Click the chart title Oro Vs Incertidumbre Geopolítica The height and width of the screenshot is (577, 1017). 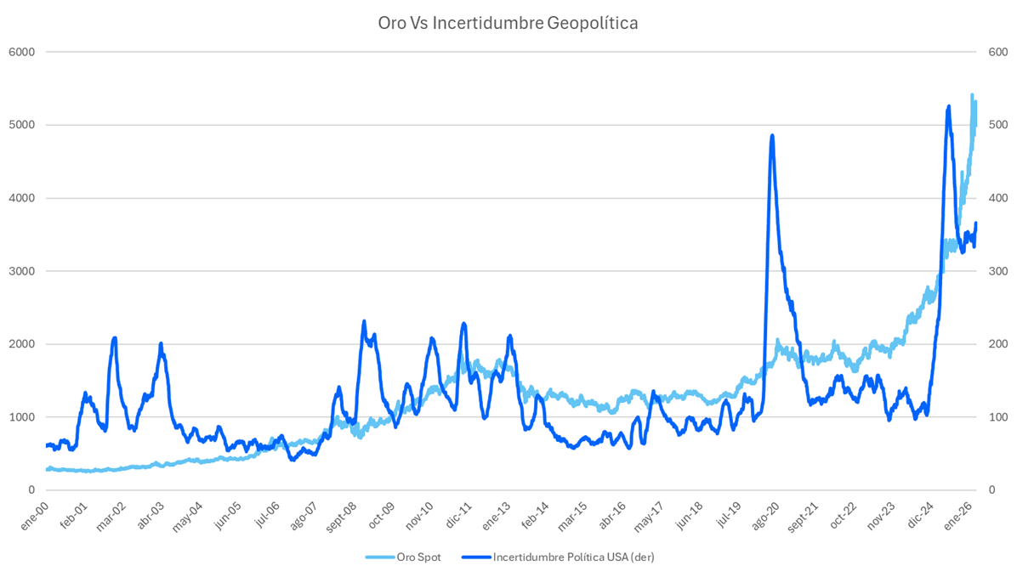508,23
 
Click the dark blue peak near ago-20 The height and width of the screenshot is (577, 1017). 771,135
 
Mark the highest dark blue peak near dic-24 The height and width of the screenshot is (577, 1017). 948,106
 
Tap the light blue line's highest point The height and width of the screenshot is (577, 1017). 972,95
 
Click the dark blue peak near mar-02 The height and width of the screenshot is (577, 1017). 114,338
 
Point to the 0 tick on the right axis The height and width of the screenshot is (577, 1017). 990,490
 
